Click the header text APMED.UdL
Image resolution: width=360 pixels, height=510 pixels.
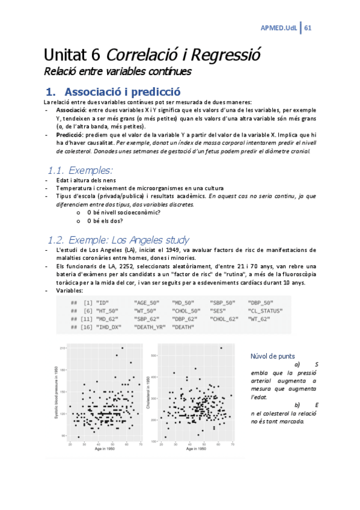pos(278,28)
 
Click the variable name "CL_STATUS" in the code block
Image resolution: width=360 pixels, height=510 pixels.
pos(267,310)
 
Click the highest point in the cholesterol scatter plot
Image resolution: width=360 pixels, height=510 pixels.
pos(221,348)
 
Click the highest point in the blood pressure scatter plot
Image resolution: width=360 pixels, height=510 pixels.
pos(123,348)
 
